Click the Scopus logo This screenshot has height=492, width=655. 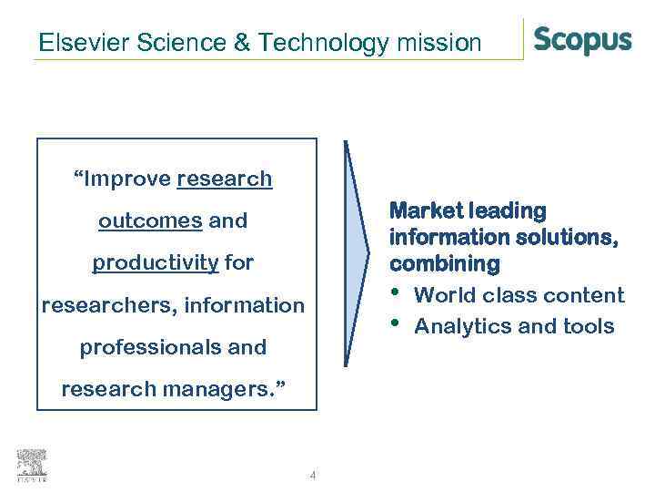point(582,41)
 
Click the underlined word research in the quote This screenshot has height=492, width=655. point(225,179)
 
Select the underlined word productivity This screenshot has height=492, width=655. point(156,263)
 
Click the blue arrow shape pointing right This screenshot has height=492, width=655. point(358,255)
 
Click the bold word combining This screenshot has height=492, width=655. point(445,264)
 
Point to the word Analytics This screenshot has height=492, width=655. point(456,326)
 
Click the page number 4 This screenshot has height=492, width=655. point(313,475)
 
